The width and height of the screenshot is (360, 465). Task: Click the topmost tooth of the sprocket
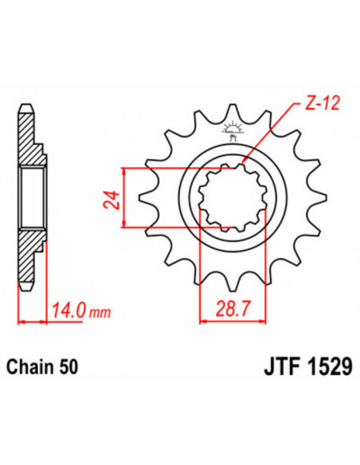pyautogui.click(x=235, y=111)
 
